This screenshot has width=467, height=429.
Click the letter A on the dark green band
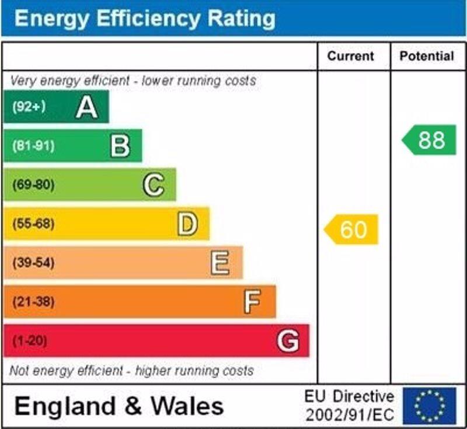click(x=86, y=107)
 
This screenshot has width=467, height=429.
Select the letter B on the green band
click(x=120, y=146)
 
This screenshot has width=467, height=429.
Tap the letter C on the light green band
click(x=154, y=185)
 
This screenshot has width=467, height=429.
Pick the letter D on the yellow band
click(x=187, y=224)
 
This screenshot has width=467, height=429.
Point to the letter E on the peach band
click(x=220, y=263)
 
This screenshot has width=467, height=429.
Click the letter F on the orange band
click(x=252, y=302)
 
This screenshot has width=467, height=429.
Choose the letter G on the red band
click(x=288, y=341)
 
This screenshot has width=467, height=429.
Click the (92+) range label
click(x=29, y=107)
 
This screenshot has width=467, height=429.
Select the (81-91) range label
click(x=33, y=146)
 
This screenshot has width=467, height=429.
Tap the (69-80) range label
click(x=33, y=185)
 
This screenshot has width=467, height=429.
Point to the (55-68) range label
click(x=33, y=224)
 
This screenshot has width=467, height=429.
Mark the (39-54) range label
click(x=33, y=263)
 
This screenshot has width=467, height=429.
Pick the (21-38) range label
click(x=33, y=302)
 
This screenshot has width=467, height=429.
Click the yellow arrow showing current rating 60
click(x=351, y=230)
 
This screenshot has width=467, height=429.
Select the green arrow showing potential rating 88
click(x=430, y=140)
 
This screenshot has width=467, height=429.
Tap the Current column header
click(x=350, y=57)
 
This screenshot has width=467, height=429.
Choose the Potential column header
click(x=427, y=57)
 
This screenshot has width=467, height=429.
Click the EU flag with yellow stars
click(x=429, y=406)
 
